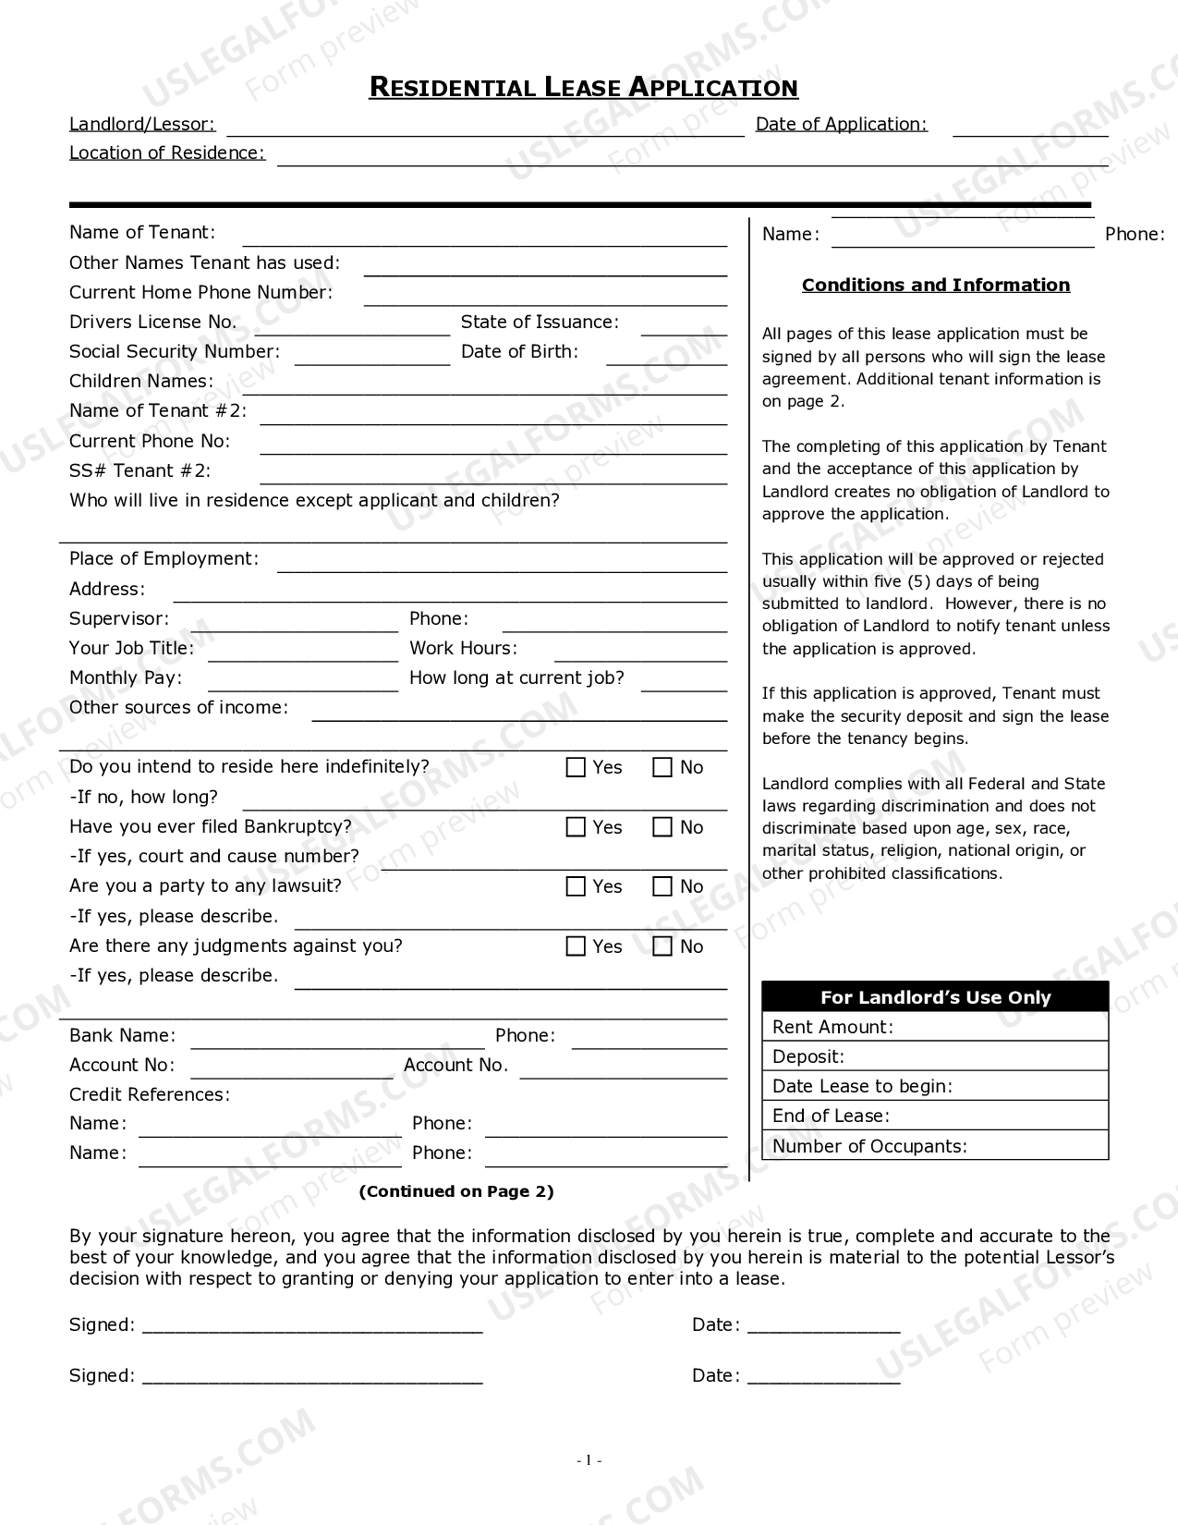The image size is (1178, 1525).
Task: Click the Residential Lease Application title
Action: (x=583, y=88)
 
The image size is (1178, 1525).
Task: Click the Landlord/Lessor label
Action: (x=142, y=124)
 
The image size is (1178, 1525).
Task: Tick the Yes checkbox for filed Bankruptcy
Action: (x=576, y=827)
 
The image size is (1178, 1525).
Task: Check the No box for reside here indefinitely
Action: (x=662, y=767)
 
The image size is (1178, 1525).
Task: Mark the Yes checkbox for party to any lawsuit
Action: (x=576, y=886)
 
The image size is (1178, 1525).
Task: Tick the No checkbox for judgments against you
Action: (x=662, y=946)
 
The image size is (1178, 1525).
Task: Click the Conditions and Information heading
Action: (x=935, y=285)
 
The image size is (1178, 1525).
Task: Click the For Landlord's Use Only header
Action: (x=935, y=997)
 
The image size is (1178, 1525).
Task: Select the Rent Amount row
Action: (x=935, y=1027)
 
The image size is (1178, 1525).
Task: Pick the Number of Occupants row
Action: (x=935, y=1146)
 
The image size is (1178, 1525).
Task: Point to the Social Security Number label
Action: (x=174, y=351)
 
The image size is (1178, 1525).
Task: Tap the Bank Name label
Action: (x=122, y=1035)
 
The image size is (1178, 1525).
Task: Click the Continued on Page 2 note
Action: (x=455, y=1191)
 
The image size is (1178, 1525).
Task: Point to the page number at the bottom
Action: (x=589, y=1460)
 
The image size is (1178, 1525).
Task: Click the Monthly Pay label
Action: (x=126, y=677)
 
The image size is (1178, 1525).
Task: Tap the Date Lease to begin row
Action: (x=935, y=1086)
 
